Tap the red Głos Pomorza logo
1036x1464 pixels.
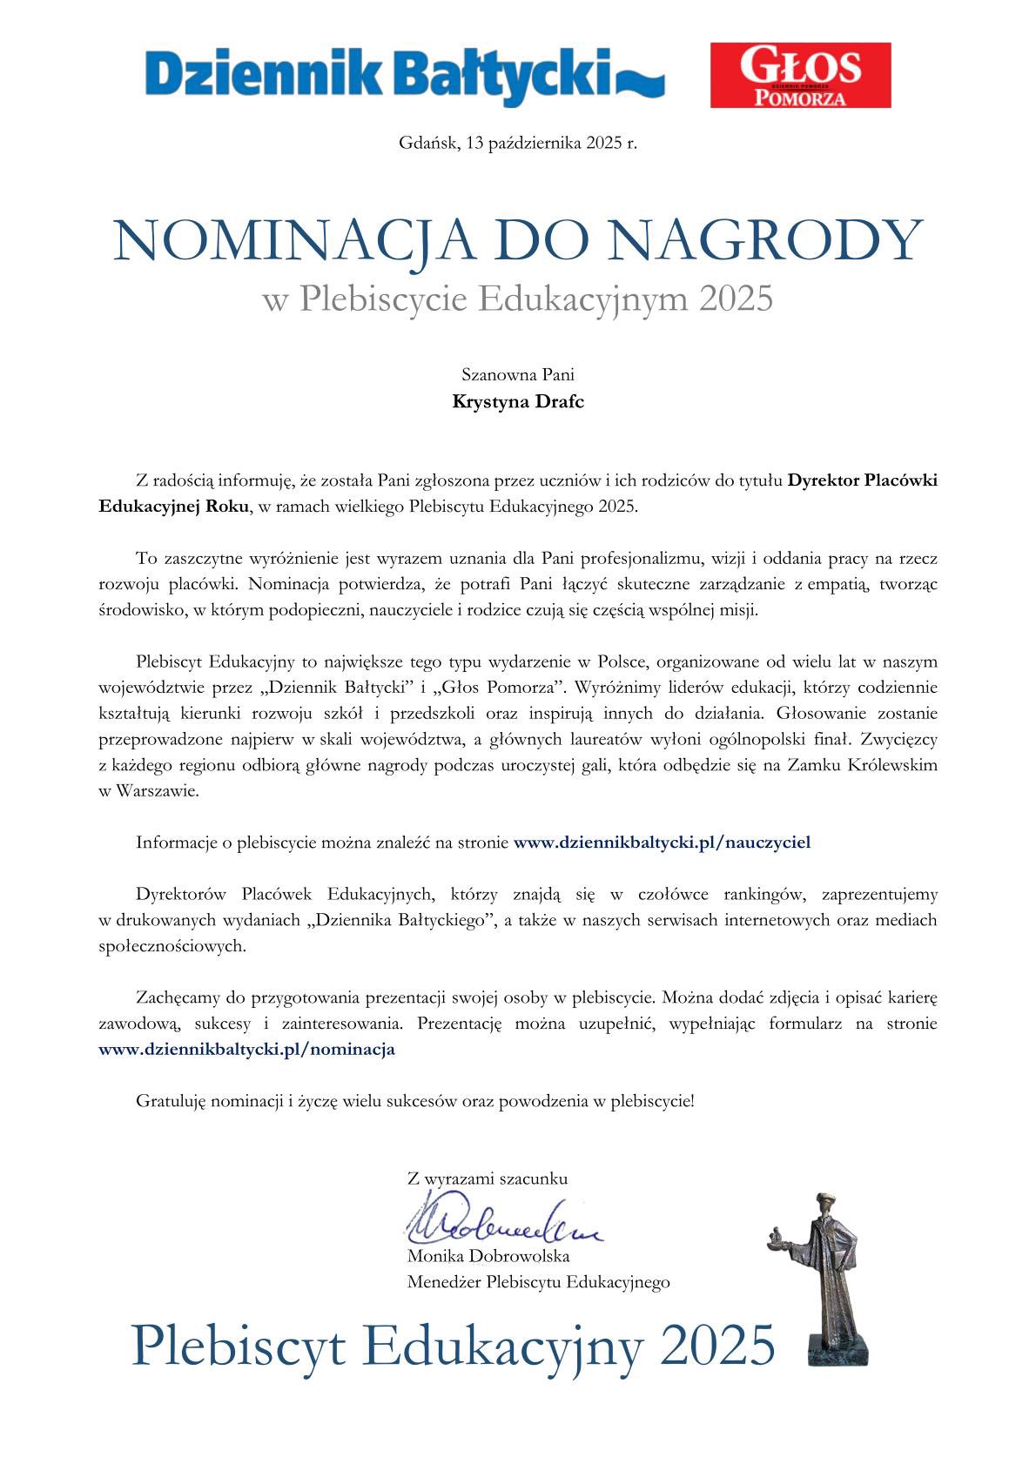pos(800,75)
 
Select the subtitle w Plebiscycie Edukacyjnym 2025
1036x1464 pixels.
pos(517,299)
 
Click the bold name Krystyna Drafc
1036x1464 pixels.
pos(517,401)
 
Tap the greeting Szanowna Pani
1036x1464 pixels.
pos(517,375)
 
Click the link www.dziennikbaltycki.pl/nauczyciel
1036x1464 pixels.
pos(662,842)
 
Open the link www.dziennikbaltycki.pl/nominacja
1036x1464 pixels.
pos(247,1049)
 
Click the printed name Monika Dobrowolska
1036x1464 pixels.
pos(488,1256)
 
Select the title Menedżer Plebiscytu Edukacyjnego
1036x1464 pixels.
pos(538,1282)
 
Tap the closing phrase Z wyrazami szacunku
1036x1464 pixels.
pos(488,1179)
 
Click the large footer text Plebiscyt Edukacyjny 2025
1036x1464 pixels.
pos(453,1346)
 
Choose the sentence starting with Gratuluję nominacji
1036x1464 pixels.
pos(415,1101)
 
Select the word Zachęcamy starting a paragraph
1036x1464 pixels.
pos(179,997)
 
